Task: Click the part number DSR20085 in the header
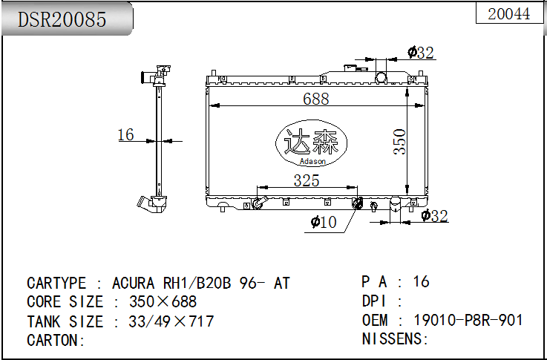pos(62,19)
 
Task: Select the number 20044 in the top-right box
pos(509,14)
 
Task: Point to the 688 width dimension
pos(315,99)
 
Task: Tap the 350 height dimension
pos(400,142)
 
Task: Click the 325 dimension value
pos(307,180)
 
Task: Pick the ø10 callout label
pos(324,222)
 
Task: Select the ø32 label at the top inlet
pos(421,53)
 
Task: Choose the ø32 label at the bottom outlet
pos(434,215)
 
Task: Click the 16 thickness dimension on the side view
pos(125,134)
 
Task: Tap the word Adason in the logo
pos(312,161)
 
